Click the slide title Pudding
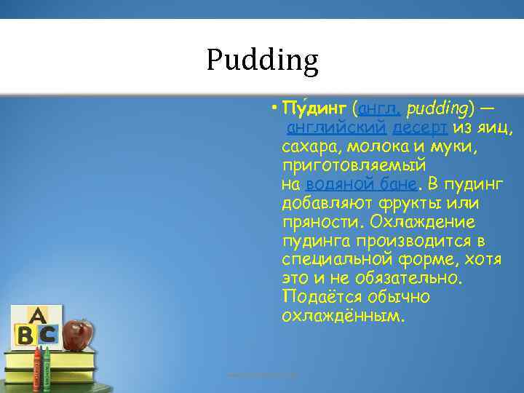click(x=262, y=60)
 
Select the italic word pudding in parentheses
click(x=437, y=109)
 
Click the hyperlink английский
click(x=336, y=128)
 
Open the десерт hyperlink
click(x=421, y=128)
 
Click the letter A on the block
click(x=36, y=316)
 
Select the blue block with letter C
click(x=47, y=335)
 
